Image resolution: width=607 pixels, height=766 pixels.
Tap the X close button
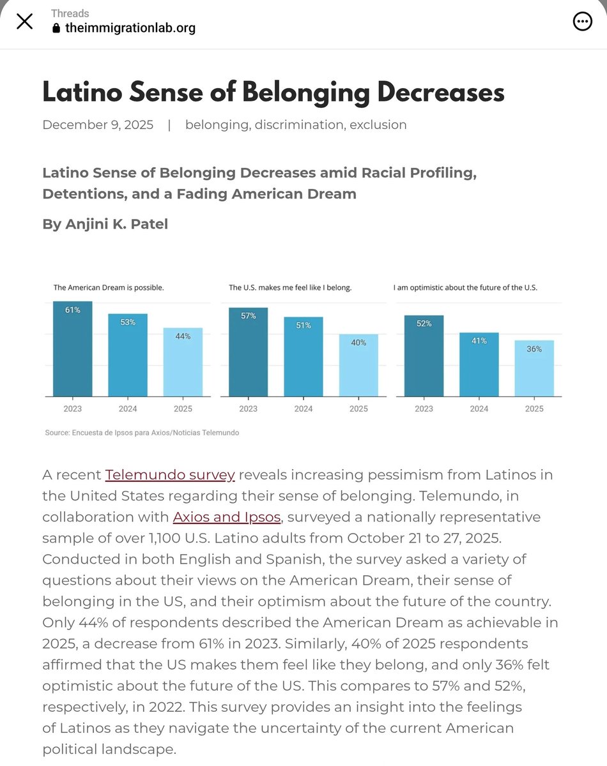[x=24, y=22]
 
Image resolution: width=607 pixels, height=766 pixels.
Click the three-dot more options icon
[x=582, y=22]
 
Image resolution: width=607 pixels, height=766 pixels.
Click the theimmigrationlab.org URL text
[x=130, y=28]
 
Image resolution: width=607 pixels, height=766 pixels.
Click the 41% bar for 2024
[x=479, y=364]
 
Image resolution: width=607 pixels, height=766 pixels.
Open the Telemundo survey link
[x=170, y=475]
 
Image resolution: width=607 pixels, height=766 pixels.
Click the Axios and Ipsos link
[x=226, y=517]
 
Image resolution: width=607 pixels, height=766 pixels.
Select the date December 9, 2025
[x=98, y=124]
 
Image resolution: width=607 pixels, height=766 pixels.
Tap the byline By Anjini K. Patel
[x=105, y=224]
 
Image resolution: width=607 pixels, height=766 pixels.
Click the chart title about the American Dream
[x=109, y=288]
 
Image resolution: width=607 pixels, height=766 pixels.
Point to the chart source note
[x=142, y=433]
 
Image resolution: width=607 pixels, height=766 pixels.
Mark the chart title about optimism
[x=465, y=288]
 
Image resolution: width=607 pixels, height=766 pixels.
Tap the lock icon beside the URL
[x=56, y=28]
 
